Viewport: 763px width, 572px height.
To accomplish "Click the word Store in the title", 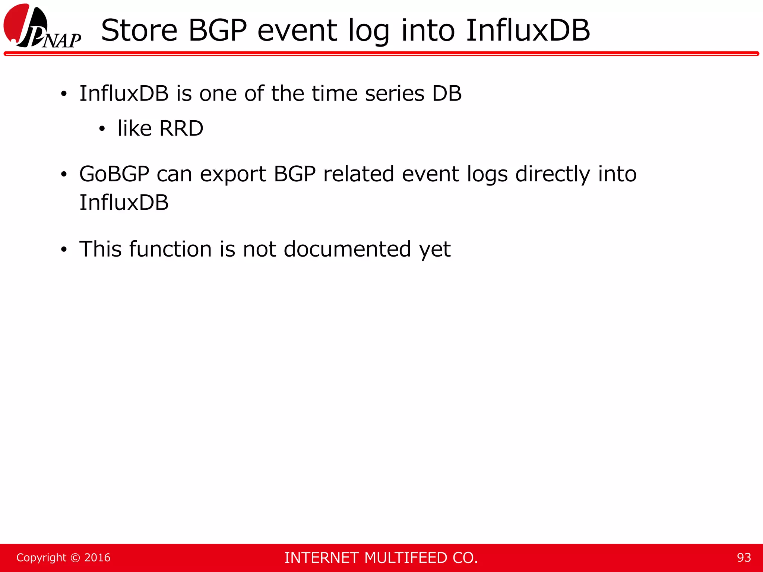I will [x=139, y=31].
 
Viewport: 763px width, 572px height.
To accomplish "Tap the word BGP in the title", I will [x=218, y=31].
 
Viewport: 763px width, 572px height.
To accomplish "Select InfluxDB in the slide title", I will [x=528, y=31].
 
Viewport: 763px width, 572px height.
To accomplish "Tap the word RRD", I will [x=181, y=128].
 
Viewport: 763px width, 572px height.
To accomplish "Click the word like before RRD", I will [x=134, y=128].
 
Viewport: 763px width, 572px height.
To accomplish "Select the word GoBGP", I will [x=114, y=174].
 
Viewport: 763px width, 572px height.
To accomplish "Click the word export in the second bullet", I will [x=233, y=175].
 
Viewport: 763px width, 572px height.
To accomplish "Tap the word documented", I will [x=347, y=249].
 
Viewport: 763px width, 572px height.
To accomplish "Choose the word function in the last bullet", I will [x=170, y=249].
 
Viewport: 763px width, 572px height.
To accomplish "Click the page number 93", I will [x=744, y=557].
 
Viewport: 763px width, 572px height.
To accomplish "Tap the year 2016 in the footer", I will [x=97, y=557].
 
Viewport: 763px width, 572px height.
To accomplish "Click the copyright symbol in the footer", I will [x=75, y=558].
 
